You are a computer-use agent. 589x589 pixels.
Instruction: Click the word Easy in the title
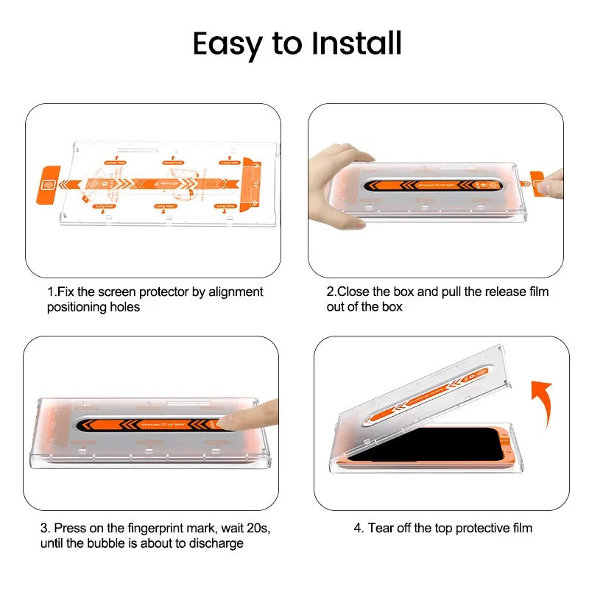(x=228, y=44)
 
